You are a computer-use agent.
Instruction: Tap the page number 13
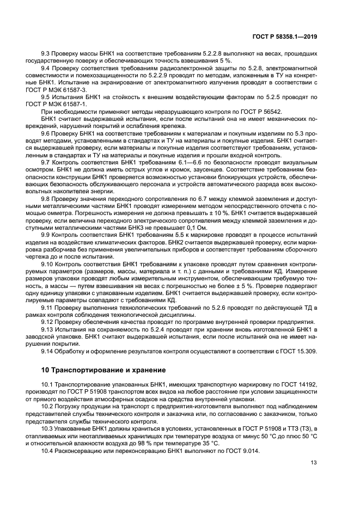[313, 463]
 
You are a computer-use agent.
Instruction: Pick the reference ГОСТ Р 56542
[257, 111]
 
